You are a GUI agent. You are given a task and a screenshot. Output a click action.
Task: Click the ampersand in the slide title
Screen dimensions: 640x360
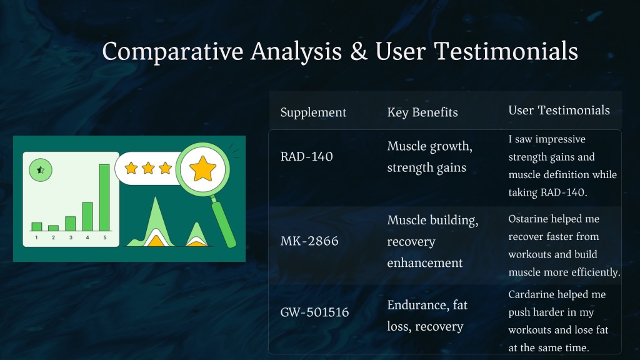[358, 52]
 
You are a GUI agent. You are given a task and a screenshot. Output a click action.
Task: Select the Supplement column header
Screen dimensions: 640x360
[313, 112]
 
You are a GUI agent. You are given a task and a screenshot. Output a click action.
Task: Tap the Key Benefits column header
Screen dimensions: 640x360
[422, 112]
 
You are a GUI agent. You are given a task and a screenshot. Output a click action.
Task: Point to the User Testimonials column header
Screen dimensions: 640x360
[559, 110]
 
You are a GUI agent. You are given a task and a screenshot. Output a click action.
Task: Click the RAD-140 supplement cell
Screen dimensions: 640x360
[306, 156]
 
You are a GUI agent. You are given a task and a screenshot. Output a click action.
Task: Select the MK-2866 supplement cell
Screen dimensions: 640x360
[309, 241]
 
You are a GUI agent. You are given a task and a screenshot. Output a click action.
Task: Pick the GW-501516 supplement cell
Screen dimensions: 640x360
[314, 312]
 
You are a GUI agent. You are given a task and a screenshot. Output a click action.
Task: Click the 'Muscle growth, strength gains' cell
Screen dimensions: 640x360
[430, 157]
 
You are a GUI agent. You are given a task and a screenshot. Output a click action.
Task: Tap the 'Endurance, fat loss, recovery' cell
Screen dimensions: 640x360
[427, 316]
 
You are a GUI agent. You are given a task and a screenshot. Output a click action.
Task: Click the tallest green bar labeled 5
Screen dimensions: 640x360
[104, 197]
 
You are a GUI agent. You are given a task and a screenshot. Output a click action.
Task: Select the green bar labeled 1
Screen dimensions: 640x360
[37, 227]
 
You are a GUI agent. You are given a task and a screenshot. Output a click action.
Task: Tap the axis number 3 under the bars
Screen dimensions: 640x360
[71, 237]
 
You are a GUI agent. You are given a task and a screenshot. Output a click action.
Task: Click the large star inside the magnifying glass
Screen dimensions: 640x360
[203, 169]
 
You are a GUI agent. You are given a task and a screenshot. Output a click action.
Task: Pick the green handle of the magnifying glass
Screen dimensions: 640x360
[224, 224]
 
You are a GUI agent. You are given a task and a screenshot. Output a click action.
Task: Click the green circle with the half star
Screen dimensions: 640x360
[41, 170]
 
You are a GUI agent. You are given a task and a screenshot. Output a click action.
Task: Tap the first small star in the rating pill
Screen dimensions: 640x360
[131, 168]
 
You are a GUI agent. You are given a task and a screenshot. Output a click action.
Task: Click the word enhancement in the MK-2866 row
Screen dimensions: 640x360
[425, 263]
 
